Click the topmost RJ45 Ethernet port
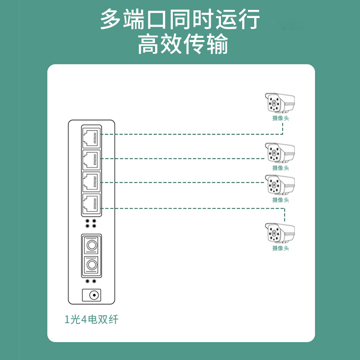[x=91, y=138]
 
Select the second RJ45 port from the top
[x=91, y=160]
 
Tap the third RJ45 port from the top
[x=91, y=182]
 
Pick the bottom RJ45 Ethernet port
[x=91, y=204]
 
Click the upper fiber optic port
[x=91, y=245]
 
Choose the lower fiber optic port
[x=91, y=265]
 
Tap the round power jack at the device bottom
[x=94, y=295]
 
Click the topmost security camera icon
[x=280, y=103]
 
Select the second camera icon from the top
[x=280, y=153]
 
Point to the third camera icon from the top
[x=280, y=184]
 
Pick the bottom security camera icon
[x=280, y=233]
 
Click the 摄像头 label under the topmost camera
[x=280, y=118]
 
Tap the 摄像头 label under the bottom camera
[x=280, y=248]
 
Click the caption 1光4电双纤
[x=91, y=319]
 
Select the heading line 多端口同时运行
[x=180, y=19]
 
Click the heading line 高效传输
[x=183, y=44]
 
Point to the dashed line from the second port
[x=183, y=158]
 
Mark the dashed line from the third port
[x=183, y=183]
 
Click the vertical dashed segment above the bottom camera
[x=285, y=215]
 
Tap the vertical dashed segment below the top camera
[x=283, y=129]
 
